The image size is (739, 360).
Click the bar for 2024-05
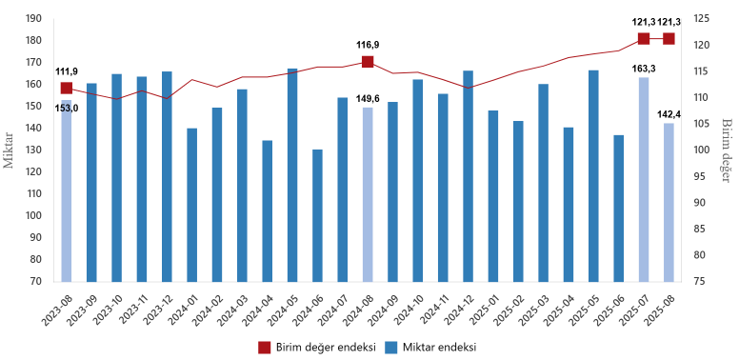click(292, 175)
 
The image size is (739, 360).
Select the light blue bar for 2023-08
click(67, 190)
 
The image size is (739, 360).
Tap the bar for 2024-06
click(317, 215)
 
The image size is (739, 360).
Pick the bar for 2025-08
click(669, 202)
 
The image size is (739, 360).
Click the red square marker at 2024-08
click(368, 62)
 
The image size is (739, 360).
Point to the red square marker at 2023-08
click(67, 88)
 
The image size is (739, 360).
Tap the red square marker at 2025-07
click(644, 39)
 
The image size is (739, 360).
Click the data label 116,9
click(368, 45)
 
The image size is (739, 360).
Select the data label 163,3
click(644, 69)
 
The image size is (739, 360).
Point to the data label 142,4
click(669, 114)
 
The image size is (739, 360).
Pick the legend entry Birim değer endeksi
click(317, 347)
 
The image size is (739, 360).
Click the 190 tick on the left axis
click(33, 18)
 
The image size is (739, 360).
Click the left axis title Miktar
click(9, 150)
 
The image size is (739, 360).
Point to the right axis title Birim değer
click(726, 150)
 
